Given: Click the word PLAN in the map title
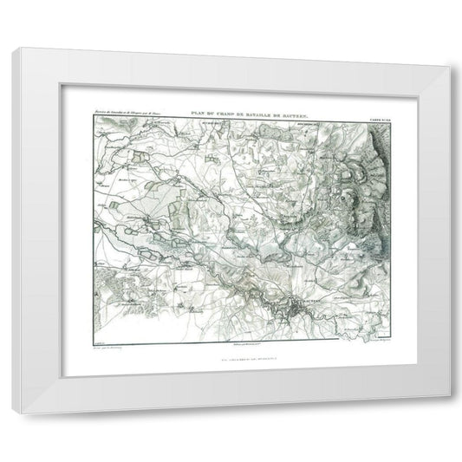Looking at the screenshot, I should (x=190, y=110).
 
